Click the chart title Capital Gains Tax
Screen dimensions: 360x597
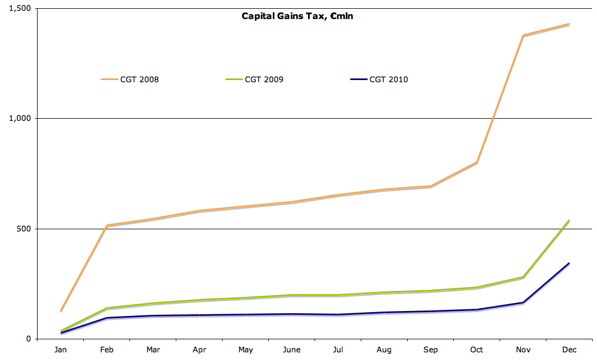pyautogui.click(x=298, y=16)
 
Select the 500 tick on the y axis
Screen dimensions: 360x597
pyautogui.click(x=24, y=229)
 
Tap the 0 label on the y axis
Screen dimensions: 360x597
pyautogui.click(x=29, y=339)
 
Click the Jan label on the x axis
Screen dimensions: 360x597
pyautogui.click(x=60, y=350)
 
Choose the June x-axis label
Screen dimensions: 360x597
pyautogui.click(x=292, y=350)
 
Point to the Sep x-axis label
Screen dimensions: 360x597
pyautogui.click(x=430, y=350)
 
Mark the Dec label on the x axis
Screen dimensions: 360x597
pyautogui.click(x=569, y=350)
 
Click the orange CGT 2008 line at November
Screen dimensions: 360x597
pyautogui.click(x=523, y=35)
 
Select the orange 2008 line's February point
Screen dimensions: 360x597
pyautogui.click(x=107, y=225)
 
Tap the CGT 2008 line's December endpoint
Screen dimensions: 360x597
pyautogui.click(x=569, y=24)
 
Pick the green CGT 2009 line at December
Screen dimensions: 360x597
pyautogui.click(x=569, y=221)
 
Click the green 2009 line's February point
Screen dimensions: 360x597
pyautogui.click(x=107, y=308)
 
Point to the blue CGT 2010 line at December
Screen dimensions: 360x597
pyautogui.click(x=569, y=264)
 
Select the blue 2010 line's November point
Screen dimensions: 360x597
pyautogui.click(x=523, y=302)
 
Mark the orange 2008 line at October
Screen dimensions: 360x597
pyautogui.click(x=477, y=162)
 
